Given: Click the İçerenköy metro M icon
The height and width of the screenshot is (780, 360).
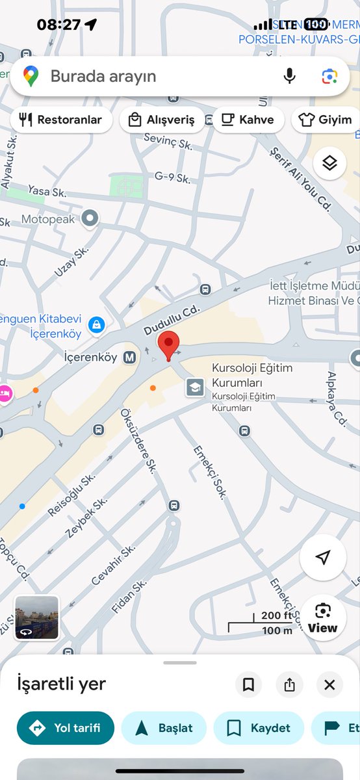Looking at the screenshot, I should coord(130,357).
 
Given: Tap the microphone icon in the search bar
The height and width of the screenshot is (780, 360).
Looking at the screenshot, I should coord(290,76).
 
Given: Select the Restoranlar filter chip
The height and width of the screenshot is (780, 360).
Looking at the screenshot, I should coord(61,120).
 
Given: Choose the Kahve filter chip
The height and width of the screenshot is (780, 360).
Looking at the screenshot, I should coord(248,120).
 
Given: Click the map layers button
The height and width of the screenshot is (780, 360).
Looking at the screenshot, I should coord(329,163).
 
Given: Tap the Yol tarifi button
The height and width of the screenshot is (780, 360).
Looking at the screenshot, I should coord(66,727).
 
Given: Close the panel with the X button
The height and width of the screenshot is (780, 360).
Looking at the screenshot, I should coord(329,684).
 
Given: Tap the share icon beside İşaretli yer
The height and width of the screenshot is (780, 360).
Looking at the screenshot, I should coord(289,684).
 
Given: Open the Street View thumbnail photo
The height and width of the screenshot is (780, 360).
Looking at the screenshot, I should coord(37,617).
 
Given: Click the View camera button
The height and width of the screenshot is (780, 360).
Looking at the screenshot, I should coord(323,617).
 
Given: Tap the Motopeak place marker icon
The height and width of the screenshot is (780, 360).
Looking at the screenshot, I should coord(90,219).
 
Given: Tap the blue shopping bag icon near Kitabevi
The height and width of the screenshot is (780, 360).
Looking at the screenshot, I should coord(97,324).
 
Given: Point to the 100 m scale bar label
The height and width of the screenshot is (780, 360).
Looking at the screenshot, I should coord(277,630).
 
